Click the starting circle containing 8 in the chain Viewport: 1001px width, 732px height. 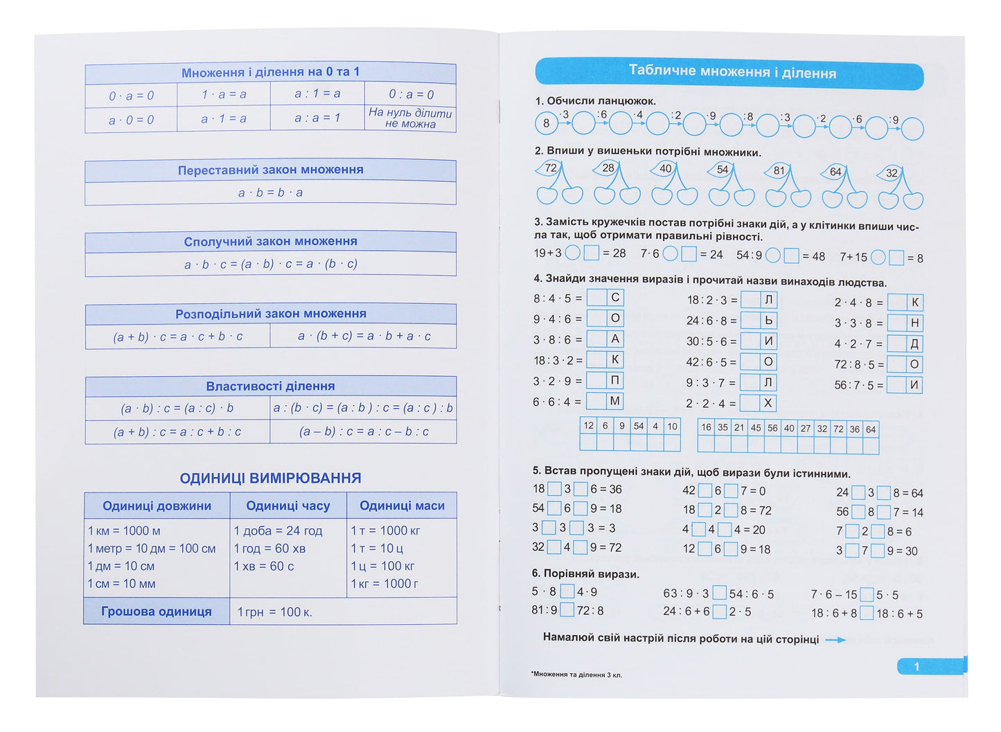click(547, 123)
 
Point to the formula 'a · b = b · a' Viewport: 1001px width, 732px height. click(270, 193)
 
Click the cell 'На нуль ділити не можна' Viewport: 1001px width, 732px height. click(410, 118)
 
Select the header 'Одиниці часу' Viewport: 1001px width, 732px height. click(287, 506)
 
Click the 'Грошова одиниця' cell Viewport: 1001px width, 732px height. click(157, 612)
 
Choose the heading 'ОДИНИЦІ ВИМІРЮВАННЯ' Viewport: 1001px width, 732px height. click(270, 478)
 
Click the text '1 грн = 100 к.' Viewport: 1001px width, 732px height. click(275, 612)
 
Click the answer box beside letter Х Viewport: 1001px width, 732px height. click(750, 403)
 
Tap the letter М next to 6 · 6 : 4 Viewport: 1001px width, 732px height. click(614, 400)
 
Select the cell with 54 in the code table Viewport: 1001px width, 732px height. click(639, 426)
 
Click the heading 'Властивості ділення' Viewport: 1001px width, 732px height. click(270, 386)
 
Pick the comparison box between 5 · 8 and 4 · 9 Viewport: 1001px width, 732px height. click(567, 591)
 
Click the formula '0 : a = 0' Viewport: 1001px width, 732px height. click(411, 94)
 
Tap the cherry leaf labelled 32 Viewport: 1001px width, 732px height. click(892, 173)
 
